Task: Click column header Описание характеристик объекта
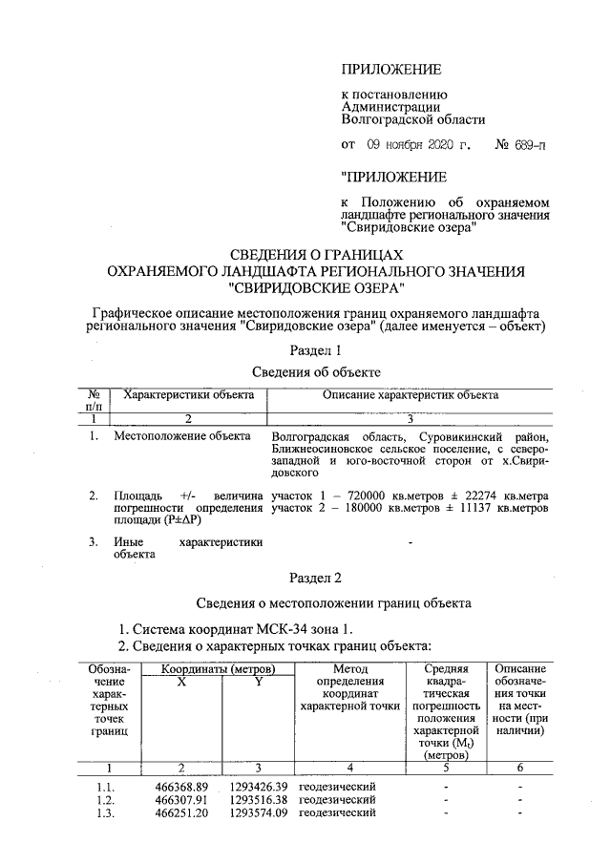coord(411,394)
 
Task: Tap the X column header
coord(181,682)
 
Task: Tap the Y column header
coord(258,682)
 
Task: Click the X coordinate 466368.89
coord(181,786)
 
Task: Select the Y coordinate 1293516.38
coord(258,799)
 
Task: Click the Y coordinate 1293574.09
coord(258,812)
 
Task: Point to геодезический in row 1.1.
coord(337,786)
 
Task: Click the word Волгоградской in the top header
coord(385,120)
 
